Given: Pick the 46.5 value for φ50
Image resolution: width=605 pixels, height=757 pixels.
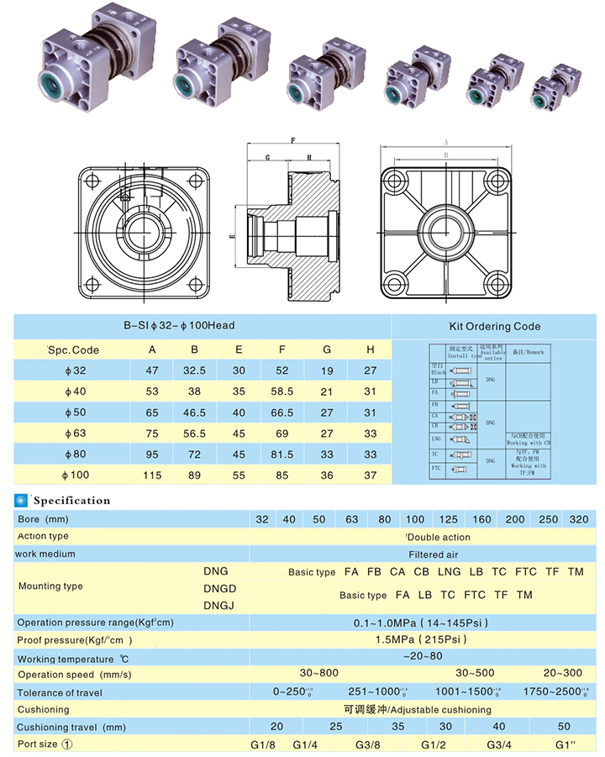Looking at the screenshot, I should coord(195,413).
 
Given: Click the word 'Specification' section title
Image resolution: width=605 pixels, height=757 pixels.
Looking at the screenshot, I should coord(72,501).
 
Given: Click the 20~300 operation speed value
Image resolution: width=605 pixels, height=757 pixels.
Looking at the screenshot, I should coord(562,674).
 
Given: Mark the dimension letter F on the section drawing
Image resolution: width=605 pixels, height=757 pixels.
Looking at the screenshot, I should coord(293,140).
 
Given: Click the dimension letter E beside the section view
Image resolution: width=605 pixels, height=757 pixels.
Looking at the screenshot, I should coord(232,238).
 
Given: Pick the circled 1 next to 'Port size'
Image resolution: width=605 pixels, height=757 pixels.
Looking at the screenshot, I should coord(68,744).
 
